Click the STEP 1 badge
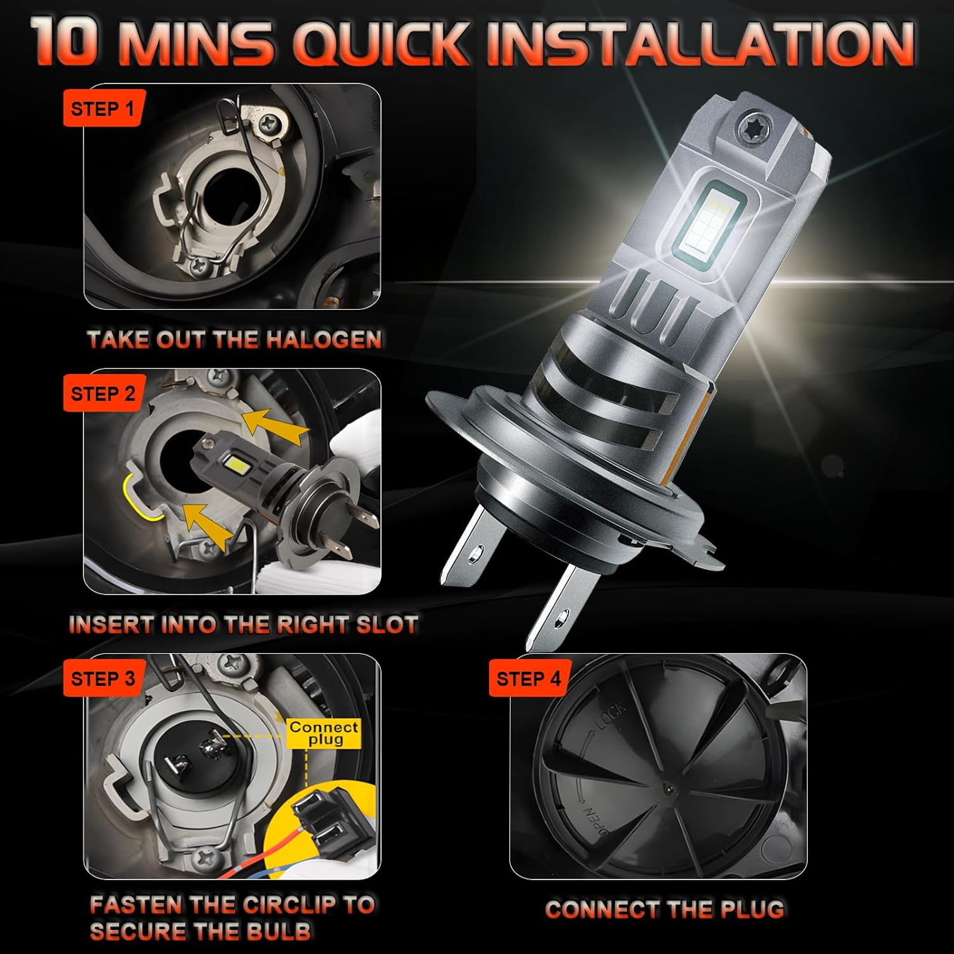point(102,108)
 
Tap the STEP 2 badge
point(102,394)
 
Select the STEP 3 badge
point(102,679)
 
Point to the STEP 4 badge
point(529,679)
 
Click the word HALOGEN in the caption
point(323,339)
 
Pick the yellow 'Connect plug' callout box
point(324,733)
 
